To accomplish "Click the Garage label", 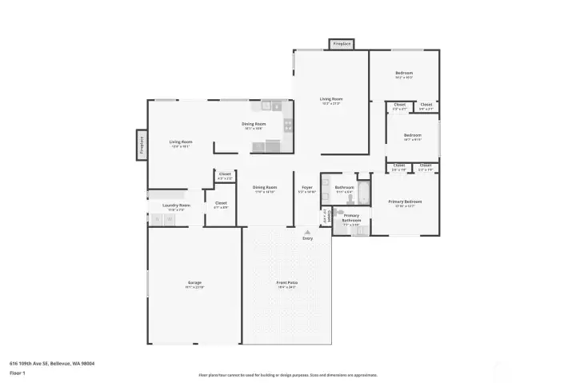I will click(194, 284).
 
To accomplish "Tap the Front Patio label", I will click(286, 284).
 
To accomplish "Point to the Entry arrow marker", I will click(307, 233).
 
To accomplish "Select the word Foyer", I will click(307, 188).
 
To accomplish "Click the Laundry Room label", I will click(176, 205).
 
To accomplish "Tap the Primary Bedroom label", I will click(406, 201).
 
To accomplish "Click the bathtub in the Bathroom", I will click(363, 192).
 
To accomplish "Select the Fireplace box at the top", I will click(342, 44).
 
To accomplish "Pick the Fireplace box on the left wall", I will click(142, 145).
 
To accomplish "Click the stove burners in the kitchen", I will click(287, 124).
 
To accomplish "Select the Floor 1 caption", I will click(17, 373).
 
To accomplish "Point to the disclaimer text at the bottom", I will click(287, 374).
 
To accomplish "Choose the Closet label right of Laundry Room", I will click(221, 203).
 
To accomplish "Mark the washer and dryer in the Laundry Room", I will click(163, 218).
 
